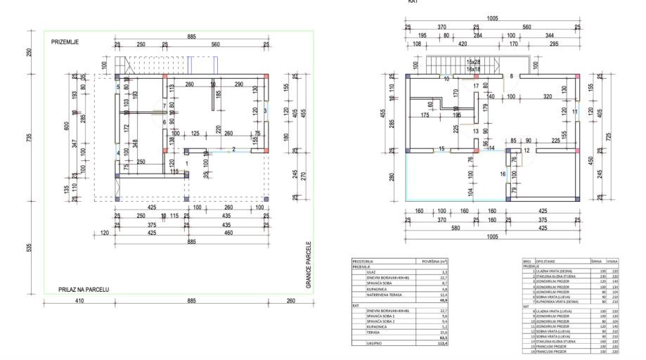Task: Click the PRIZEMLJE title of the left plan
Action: (65, 42)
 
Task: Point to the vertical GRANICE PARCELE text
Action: (308, 265)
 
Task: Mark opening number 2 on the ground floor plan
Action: (233, 149)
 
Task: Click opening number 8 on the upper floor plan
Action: (512, 75)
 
